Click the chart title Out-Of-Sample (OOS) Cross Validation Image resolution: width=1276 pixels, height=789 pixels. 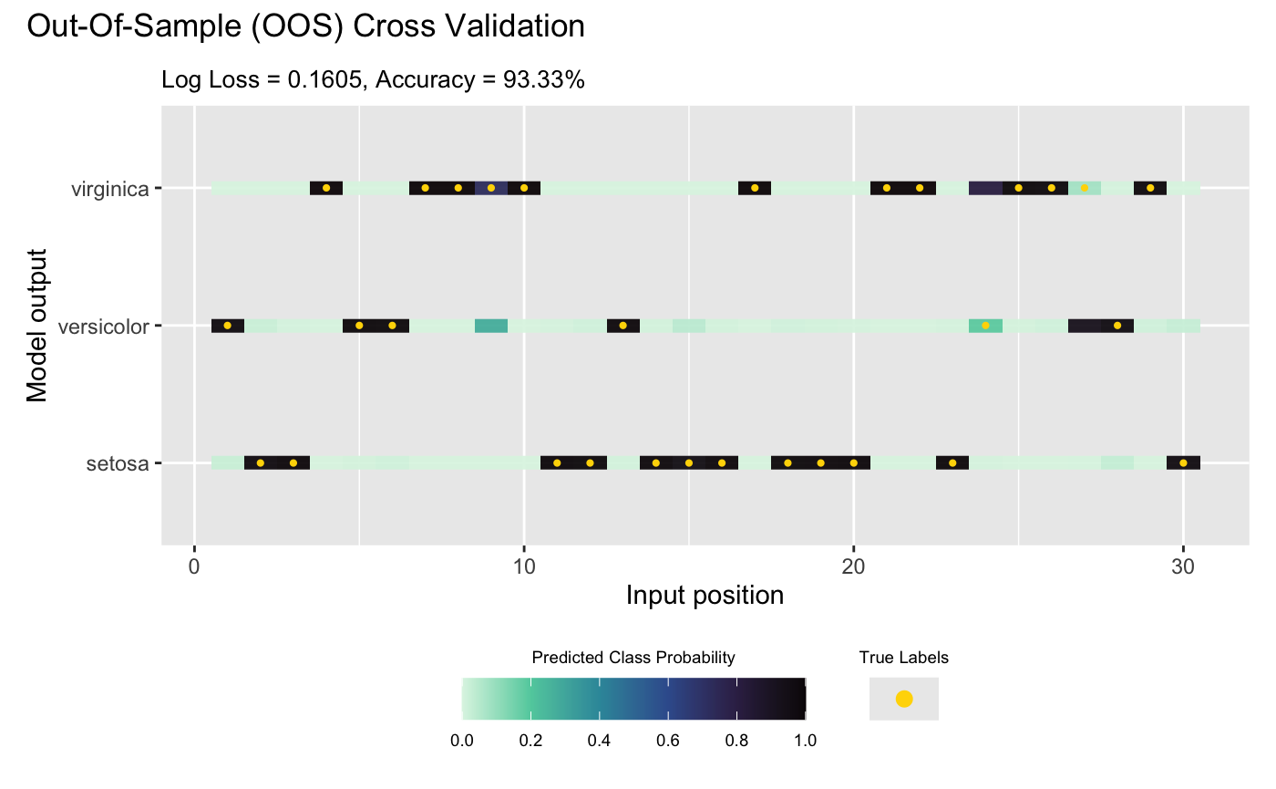(306, 27)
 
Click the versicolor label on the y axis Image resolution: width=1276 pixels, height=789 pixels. (103, 326)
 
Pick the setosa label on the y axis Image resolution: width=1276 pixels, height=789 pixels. (118, 463)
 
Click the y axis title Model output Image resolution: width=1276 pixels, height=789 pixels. (36, 326)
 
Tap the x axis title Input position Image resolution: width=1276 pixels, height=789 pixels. (705, 596)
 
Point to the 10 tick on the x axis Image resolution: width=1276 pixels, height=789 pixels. (523, 566)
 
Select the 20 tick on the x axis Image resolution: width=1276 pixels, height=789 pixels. (853, 566)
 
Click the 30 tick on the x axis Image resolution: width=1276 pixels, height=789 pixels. (1183, 566)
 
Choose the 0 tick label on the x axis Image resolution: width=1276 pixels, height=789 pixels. (194, 566)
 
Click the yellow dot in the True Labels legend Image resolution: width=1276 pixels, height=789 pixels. (903, 700)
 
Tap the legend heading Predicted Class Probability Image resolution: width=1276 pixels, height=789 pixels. (633, 658)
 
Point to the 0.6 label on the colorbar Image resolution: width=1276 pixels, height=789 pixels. (668, 741)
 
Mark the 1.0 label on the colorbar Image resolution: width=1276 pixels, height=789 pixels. (805, 741)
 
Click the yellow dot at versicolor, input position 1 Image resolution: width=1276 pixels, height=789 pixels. (227, 326)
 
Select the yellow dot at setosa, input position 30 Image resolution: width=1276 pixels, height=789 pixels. (1183, 463)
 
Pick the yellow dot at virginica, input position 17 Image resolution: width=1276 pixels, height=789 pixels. (755, 188)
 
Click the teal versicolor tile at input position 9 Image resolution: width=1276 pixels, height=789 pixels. (491, 326)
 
